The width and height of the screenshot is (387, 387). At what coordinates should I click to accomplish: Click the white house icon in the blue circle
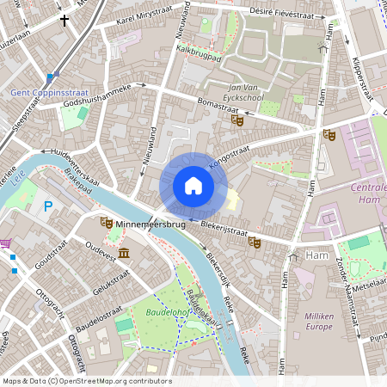click(193, 186)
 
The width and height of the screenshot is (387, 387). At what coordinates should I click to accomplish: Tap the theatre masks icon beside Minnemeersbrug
click(107, 223)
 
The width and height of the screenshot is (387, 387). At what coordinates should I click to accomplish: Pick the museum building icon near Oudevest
click(125, 252)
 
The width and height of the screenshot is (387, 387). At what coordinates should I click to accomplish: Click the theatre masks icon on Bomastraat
click(238, 120)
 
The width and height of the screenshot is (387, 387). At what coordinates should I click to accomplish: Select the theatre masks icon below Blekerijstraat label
click(254, 243)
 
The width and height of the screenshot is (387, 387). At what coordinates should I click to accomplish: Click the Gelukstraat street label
click(110, 283)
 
